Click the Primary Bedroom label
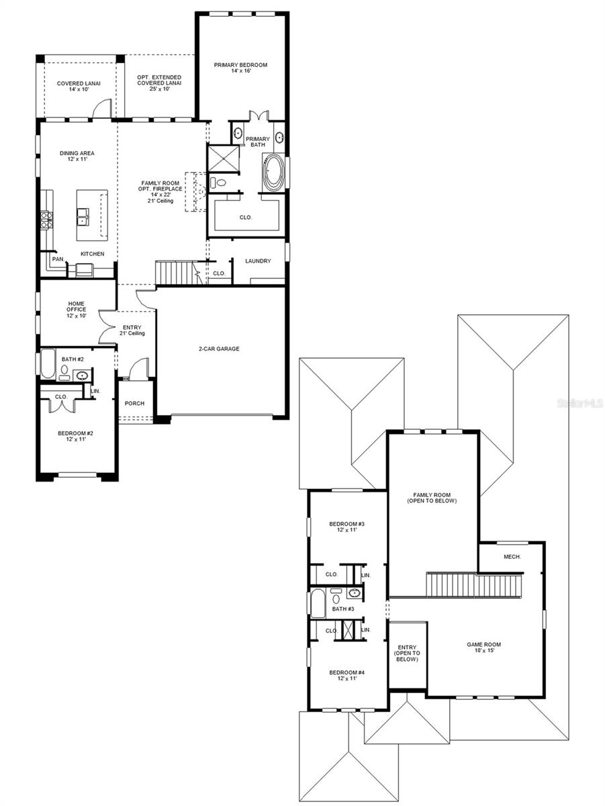click(240, 68)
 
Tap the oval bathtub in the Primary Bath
click(273, 172)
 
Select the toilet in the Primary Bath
click(218, 182)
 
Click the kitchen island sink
click(83, 217)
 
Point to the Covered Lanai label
click(79, 86)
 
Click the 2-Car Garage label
click(219, 349)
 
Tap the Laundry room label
click(258, 261)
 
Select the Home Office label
click(77, 310)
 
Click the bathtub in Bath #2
click(48, 363)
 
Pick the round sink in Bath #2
click(82, 375)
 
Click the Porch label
click(134, 404)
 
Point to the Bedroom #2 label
click(75, 436)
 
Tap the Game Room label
click(484, 647)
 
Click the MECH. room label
click(512, 557)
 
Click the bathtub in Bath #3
click(318, 602)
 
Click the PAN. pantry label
click(58, 259)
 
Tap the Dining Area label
click(77, 156)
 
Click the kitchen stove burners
click(46, 220)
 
